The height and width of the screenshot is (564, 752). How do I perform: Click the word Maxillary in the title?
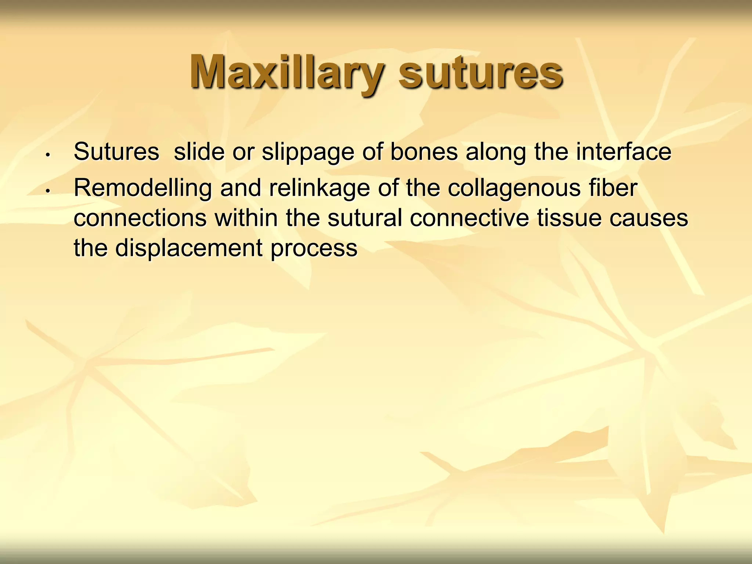[286, 72]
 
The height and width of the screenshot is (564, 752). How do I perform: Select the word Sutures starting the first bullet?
[116, 152]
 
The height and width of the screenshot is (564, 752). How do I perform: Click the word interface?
[623, 152]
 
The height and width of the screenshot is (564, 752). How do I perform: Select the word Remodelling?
[143, 188]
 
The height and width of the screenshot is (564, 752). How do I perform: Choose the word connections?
[140, 218]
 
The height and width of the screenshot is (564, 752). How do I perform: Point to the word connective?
[469, 218]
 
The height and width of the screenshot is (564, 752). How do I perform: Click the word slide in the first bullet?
[199, 152]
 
